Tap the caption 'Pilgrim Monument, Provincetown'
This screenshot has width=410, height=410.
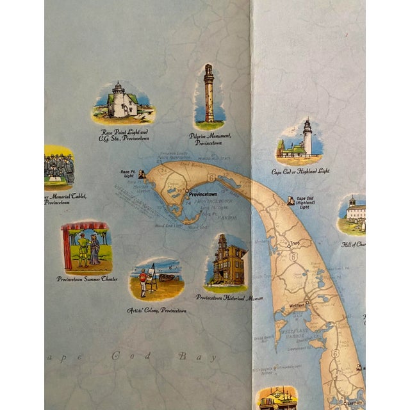click(x=210, y=139)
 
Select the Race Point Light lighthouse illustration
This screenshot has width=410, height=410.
click(x=120, y=102)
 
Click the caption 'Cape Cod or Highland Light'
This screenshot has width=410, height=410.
click(x=300, y=172)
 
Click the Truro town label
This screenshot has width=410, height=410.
click(x=295, y=243)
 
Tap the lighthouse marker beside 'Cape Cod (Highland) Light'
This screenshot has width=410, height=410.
click(x=291, y=201)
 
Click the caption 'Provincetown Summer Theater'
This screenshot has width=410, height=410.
click(x=87, y=279)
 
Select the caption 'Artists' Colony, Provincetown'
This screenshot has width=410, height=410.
click(x=157, y=310)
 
